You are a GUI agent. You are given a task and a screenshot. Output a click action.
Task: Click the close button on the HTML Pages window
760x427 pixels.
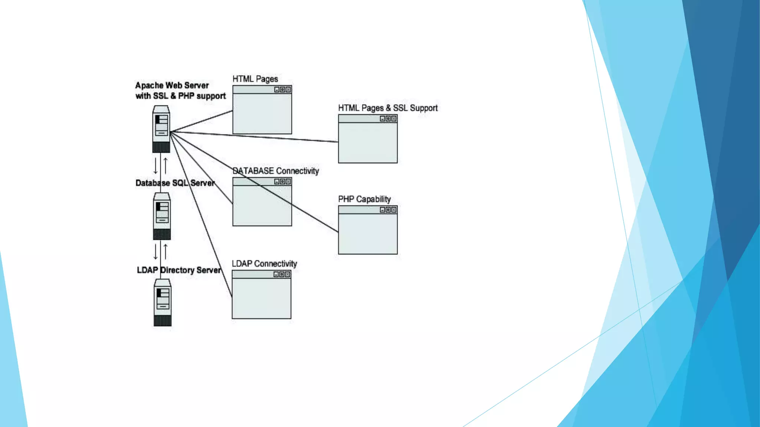[x=288, y=90]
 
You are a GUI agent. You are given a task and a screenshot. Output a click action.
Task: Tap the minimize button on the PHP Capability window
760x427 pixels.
[x=382, y=210]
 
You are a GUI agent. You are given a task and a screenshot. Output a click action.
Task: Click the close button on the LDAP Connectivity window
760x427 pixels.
[x=287, y=274]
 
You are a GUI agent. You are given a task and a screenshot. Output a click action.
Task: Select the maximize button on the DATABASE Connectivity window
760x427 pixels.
[x=282, y=182]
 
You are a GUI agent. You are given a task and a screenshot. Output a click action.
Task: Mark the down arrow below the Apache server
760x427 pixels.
[x=155, y=166]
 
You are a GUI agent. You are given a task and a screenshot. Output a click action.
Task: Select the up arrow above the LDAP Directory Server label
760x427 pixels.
[x=166, y=252]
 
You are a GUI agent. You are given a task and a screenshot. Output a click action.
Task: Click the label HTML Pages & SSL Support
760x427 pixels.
[x=388, y=108]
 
